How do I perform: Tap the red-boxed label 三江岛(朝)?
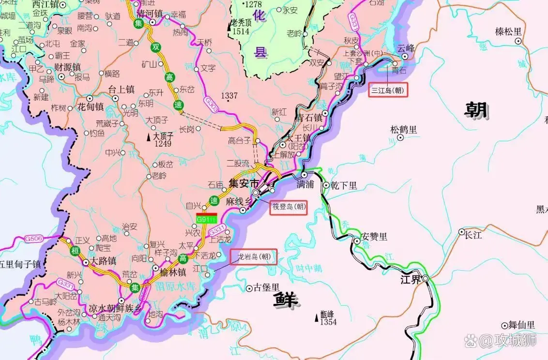388,90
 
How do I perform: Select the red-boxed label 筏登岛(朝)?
289,207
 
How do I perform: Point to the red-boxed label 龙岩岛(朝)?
254,256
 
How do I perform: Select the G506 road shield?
34,239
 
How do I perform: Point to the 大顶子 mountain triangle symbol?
149,138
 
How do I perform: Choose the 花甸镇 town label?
91,107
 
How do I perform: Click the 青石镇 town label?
309,118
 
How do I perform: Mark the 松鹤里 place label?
403,130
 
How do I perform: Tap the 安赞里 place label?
375,237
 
